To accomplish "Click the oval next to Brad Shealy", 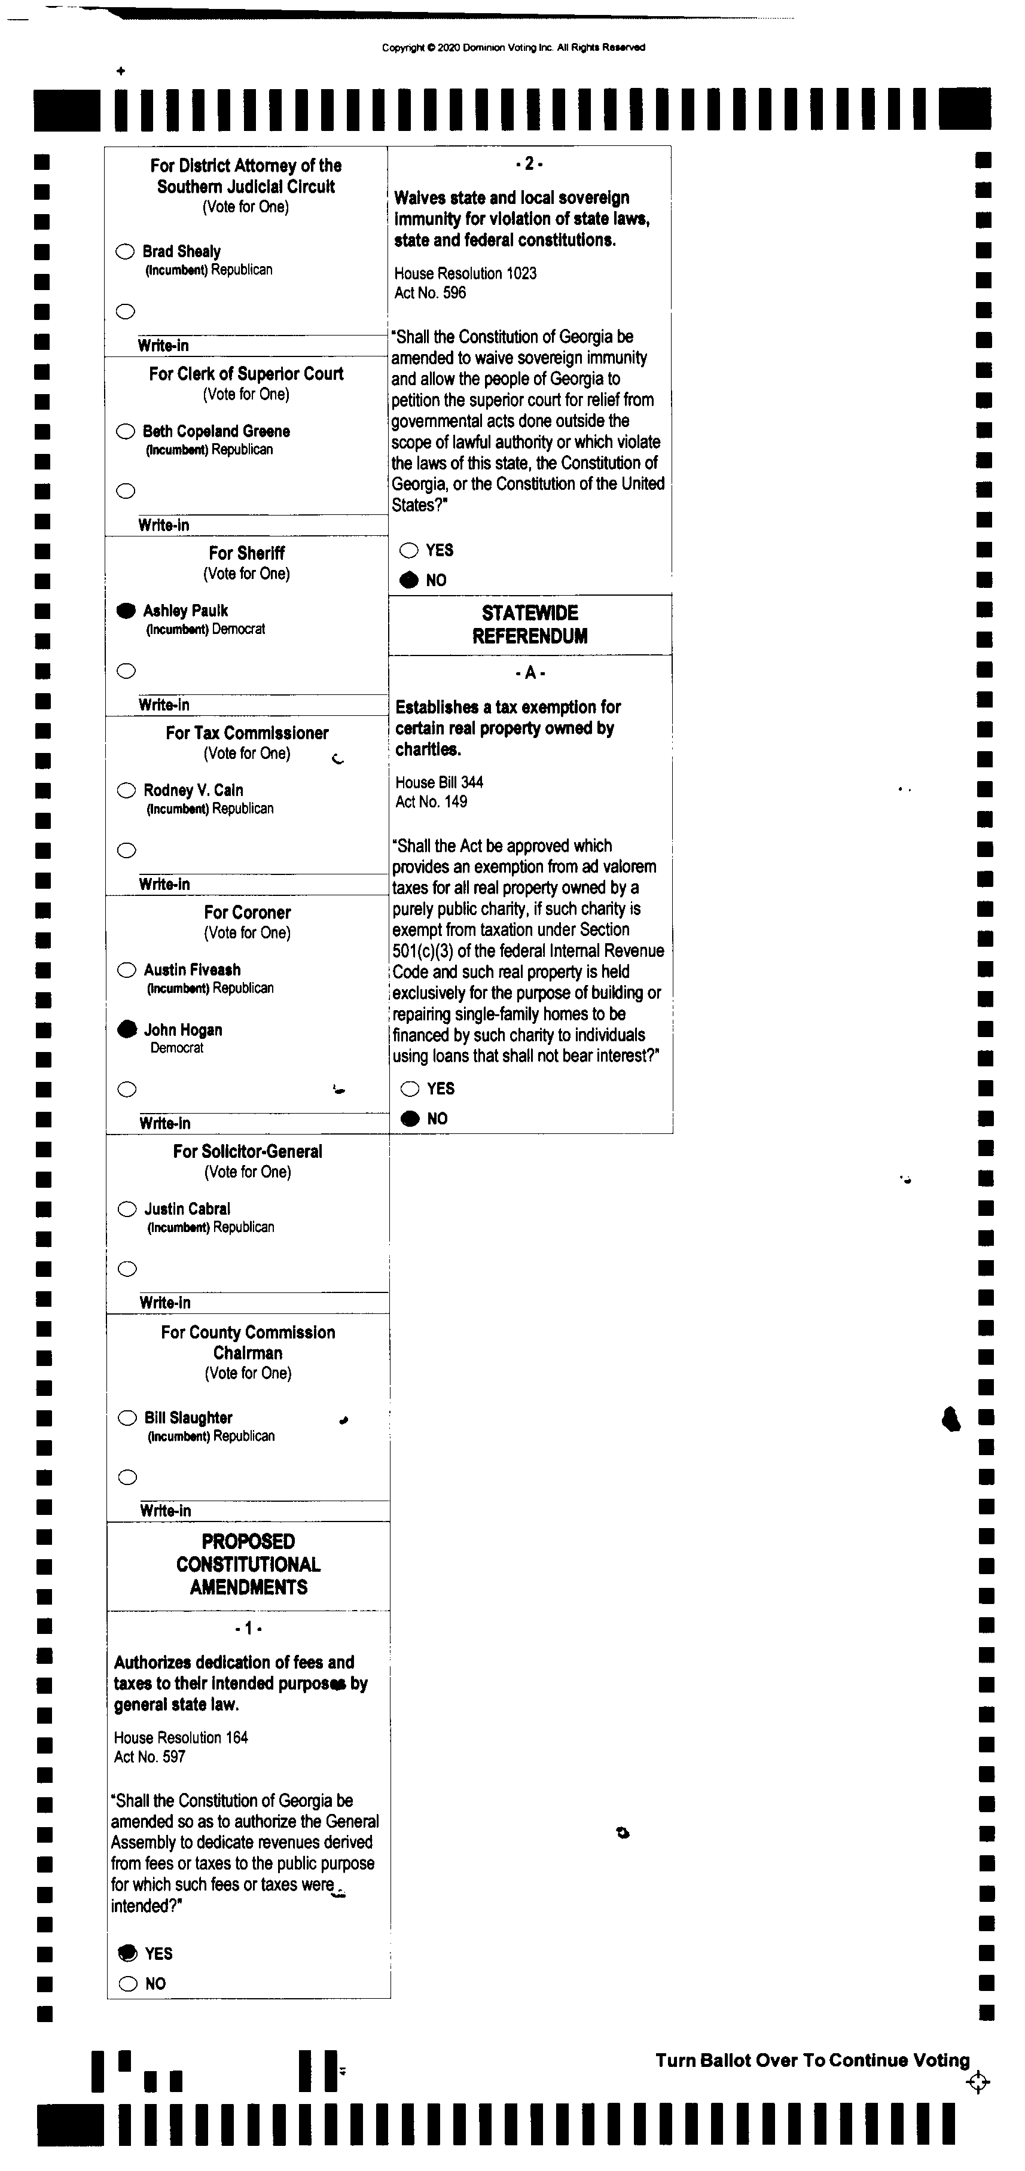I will pos(125,251).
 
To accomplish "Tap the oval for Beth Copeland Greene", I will pos(126,431).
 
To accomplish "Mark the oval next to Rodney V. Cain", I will pos(126,791).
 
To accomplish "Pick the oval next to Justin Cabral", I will pos(127,1209).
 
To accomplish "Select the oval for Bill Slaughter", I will pos(127,1417).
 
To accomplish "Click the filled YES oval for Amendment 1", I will pos(127,1953).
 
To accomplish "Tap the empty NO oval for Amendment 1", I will pos(128,1984).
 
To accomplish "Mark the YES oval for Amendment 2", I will pos(409,550).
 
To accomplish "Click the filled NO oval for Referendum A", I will pos(410,1118).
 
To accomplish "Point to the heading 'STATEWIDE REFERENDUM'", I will pos(529,624).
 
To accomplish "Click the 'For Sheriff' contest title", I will pos(246,553).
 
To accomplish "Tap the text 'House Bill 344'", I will pos(439,782).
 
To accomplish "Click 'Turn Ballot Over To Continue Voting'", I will pos(813,2060).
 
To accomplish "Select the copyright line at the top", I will pos(513,47).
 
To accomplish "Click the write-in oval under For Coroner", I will pos(127,1090).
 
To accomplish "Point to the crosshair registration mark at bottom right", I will pos(978,2082).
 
